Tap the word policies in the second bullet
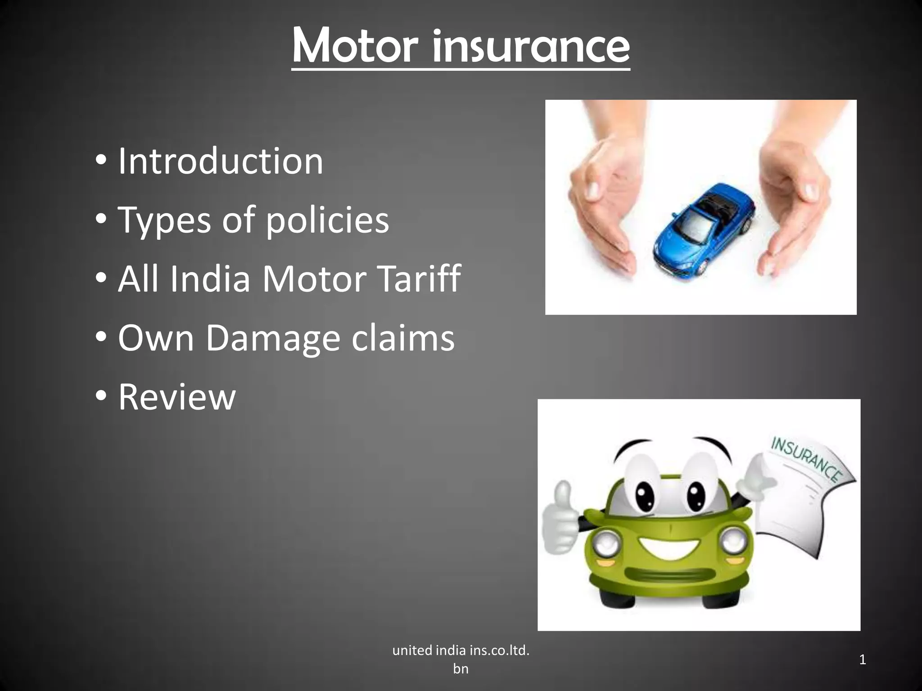pyautogui.click(x=327, y=220)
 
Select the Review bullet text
pyautogui.click(x=177, y=397)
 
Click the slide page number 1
pyautogui.click(x=863, y=660)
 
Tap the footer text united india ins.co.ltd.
pyautogui.click(x=461, y=651)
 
